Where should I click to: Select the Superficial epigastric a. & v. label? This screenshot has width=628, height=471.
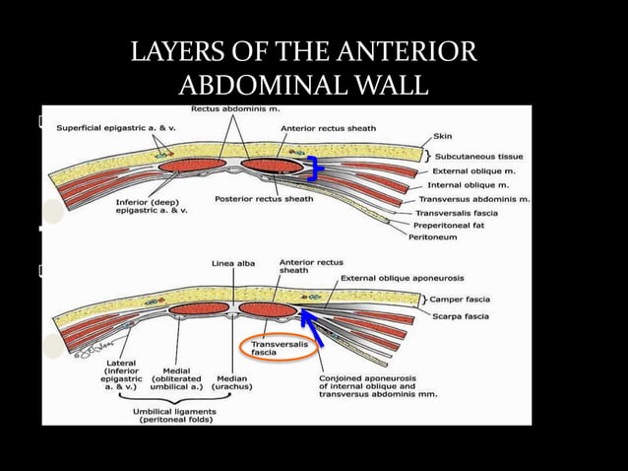pyautogui.click(x=112, y=127)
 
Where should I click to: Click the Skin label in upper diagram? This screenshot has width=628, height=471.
pyautogui.click(x=443, y=137)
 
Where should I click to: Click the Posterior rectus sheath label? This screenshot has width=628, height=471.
pyautogui.click(x=264, y=199)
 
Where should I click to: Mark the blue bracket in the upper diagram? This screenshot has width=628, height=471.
pyautogui.click(x=313, y=168)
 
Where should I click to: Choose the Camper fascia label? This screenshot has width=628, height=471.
pyautogui.click(x=466, y=299)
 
